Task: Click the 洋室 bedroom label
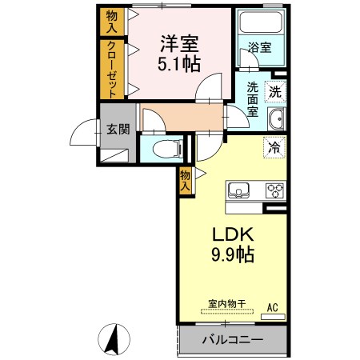point(179,44)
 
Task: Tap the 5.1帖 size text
point(179,64)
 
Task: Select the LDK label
point(233,234)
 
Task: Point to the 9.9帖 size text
point(233,254)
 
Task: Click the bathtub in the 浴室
point(261,22)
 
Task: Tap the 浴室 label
point(259,47)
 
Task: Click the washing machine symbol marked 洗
point(275,92)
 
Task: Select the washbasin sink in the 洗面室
point(277,119)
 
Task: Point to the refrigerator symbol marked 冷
point(274,147)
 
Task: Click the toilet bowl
point(167,149)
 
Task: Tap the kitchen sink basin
point(238,190)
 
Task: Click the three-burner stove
point(274,191)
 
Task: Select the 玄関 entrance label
point(118,130)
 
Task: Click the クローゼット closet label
point(112,70)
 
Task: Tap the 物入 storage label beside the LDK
point(186,181)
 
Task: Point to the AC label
point(273,307)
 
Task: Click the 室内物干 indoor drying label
point(227,304)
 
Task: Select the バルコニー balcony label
point(233,340)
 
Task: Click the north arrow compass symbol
point(114,339)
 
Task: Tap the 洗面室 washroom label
point(252,99)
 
